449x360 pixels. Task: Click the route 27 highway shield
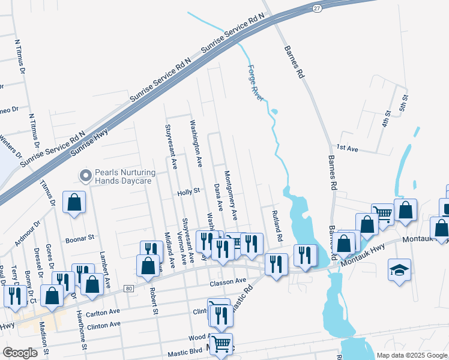pos(316,7)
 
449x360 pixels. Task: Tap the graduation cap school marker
pos(399,269)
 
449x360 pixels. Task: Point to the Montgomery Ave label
pos(231,194)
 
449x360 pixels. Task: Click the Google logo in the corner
pos(20,352)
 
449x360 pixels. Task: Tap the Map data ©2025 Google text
pos(411,355)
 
